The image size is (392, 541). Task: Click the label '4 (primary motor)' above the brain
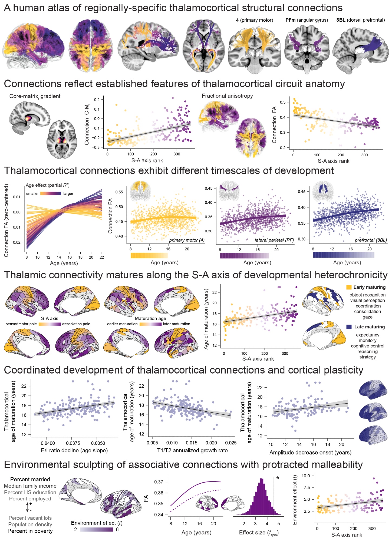(254, 20)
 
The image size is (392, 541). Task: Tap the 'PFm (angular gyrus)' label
(307, 20)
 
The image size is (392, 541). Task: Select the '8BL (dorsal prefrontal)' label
(360, 20)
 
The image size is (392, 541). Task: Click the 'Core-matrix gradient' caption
(35, 96)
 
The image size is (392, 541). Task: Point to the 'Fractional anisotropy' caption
(227, 96)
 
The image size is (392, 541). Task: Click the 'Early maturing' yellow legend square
(349, 287)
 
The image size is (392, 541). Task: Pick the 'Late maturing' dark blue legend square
(349, 327)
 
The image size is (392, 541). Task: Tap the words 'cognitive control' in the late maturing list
(367, 346)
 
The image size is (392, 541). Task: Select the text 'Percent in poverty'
(30, 531)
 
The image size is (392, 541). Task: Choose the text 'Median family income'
(30, 486)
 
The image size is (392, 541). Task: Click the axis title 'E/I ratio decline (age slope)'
(74, 450)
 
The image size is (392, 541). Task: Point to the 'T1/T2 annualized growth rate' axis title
(192, 450)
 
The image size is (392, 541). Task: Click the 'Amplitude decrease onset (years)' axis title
(310, 453)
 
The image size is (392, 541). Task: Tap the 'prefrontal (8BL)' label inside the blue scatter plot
(371, 240)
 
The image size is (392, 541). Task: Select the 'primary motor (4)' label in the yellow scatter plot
(187, 240)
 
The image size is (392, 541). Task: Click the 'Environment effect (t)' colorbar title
(97, 523)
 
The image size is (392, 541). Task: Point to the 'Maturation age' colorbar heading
(150, 318)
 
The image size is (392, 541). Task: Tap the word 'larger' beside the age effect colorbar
(68, 193)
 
